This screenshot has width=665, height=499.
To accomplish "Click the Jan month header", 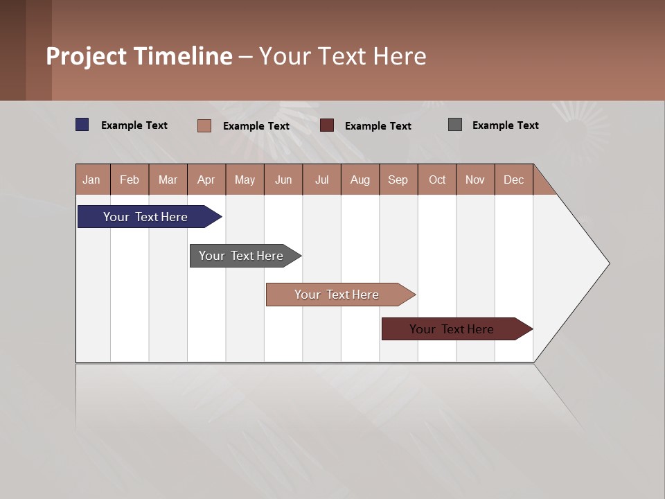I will [91, 180].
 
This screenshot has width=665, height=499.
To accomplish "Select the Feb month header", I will [130, 180].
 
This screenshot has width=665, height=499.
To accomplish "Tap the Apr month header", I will [206, 180].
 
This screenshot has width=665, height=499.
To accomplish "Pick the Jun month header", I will [283, 180].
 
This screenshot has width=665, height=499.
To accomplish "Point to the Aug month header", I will [360, 180].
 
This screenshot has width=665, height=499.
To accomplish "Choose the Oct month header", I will [437, 180].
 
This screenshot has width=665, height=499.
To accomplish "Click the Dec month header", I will [514, 180].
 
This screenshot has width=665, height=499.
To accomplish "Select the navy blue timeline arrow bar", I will [146, 217].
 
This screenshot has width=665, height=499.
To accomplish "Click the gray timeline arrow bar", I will [242, 256].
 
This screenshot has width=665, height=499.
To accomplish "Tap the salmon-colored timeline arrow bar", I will [337, 295].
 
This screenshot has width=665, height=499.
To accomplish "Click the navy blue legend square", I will [82, 125].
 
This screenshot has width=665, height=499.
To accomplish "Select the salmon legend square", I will [204, 125].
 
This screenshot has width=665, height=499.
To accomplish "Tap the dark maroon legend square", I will [327, 125].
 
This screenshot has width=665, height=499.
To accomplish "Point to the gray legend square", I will [455, 125].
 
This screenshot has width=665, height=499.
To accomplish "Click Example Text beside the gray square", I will [505, 125].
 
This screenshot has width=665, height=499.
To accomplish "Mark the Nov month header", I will [475, 180].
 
